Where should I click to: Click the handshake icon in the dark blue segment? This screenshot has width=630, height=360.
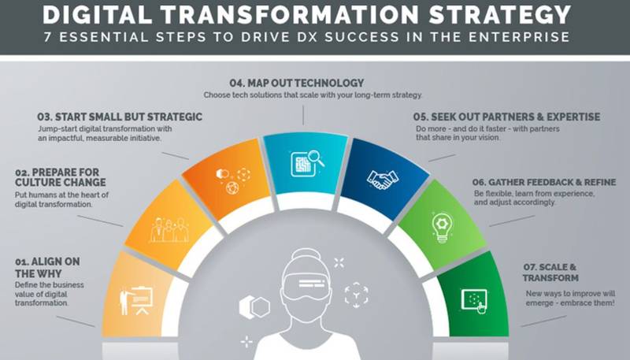click(382, 179)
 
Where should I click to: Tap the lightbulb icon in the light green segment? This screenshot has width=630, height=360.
click(442, 228)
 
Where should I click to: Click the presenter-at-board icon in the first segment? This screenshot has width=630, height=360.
click(135, 301)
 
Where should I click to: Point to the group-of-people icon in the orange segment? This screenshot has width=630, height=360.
click(169, 230)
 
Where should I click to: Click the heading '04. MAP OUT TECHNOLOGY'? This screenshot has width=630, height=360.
click(297, 84)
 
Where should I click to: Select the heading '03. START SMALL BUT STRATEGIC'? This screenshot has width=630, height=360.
click(120, 117)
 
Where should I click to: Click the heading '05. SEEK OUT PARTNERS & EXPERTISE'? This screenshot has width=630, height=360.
click(506, 117)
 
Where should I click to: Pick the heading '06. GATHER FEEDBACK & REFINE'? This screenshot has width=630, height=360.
click(544, 183)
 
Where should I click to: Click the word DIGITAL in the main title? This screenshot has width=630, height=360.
click(97, 14)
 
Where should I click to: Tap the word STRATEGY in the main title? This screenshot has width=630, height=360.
click(500, 14)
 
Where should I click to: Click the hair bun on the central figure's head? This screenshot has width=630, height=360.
click(306, 254)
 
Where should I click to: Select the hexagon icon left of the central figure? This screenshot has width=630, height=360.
click(254, 307)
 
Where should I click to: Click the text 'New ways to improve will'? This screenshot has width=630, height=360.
click(570, 294)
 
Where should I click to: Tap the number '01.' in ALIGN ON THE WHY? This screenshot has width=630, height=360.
click(22, 262)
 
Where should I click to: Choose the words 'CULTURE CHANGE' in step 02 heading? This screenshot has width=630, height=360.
click(61, 183)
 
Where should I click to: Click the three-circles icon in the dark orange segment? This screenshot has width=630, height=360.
click(233, 180)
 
